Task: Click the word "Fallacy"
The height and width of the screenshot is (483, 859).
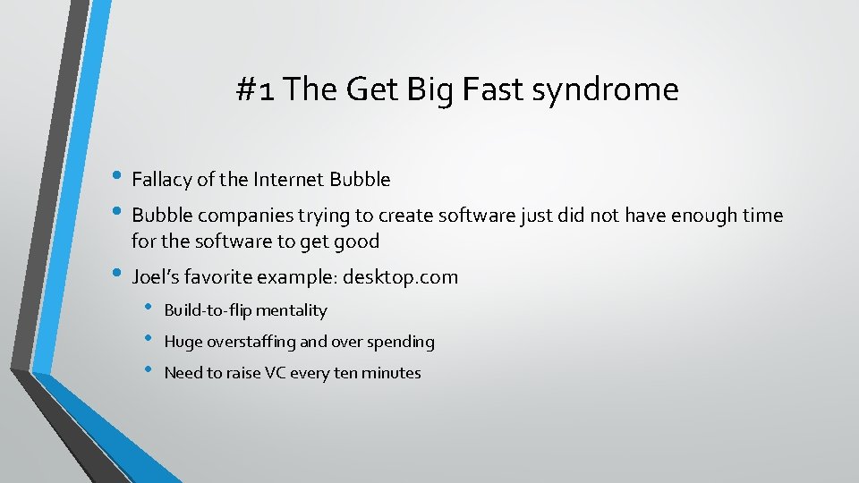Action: pos(161,180)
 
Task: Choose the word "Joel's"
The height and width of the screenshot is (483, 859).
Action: pos(157,277)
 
